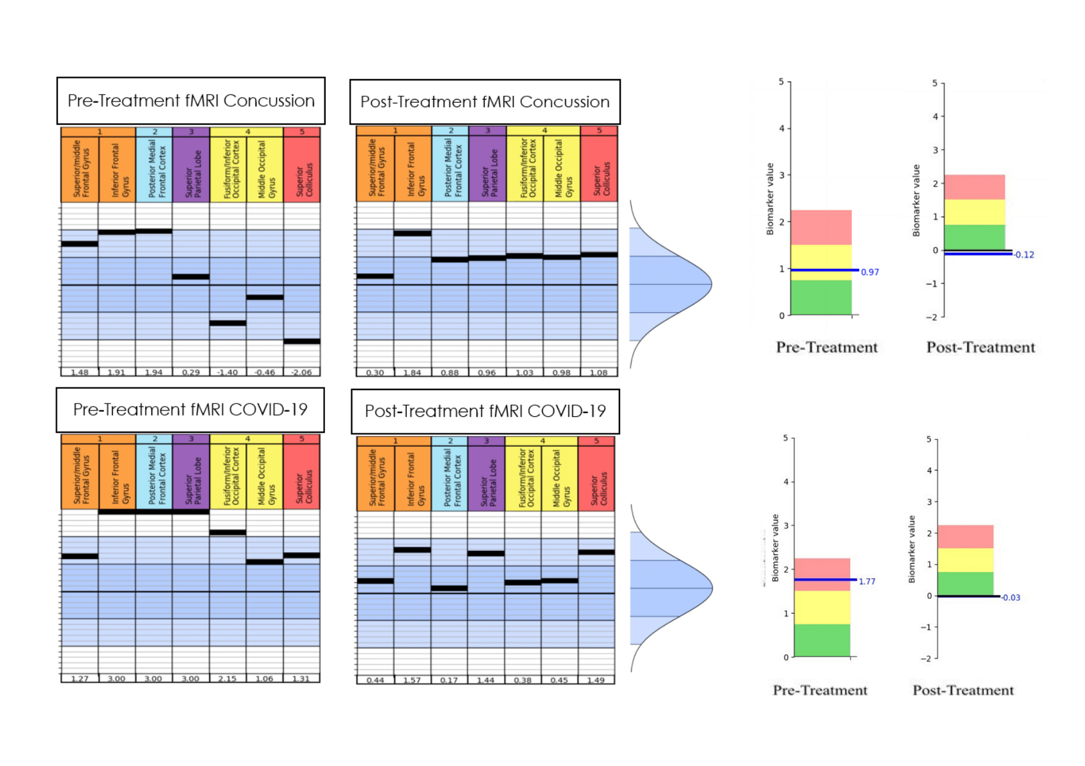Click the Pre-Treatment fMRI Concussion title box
click(x=191, y=101)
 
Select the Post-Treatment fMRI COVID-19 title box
click(x=485, y=411)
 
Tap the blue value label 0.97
click(x=869, y=272)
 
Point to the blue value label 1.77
click(x=867, y=582)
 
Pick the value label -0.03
click(x=1010, y=597)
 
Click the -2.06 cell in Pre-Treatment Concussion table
click(x=301, y=372)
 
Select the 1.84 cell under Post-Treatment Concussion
click(x=412, y=373)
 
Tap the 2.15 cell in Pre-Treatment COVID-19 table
click(x=227, y=679)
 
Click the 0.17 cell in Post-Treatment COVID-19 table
click(x=449, y=680)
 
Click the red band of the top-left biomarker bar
click(x=821, y=227)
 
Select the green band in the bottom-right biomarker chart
click(x=965, y=583)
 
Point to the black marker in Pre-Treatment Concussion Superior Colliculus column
click(x=302, y=342)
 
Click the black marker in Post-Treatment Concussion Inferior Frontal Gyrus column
click(x=412, y=234)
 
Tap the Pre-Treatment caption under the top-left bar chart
click(x=826, y=347)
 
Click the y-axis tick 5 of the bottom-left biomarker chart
click(x=785, y=438)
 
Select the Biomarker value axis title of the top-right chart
click(x=916, y=200)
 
